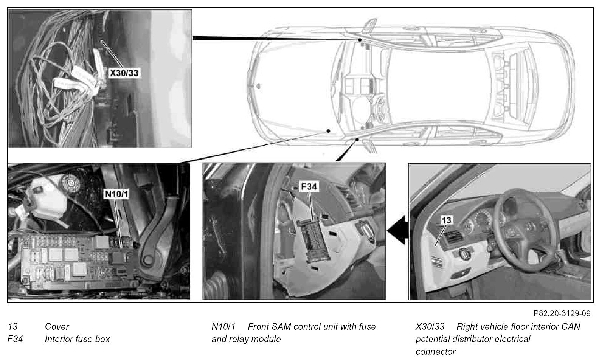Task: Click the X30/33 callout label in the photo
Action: click(x=124, y=73)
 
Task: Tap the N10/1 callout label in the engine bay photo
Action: click(x=116, y=194)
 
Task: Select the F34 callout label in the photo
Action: click(x=309, y=186)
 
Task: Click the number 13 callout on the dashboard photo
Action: click(x=446, y=220)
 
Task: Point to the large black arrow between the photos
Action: click(x=397, y=230)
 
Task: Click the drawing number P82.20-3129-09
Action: click(x=562, y=313)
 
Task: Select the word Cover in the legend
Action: click(x=57, y=327)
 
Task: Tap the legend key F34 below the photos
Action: click(x=15, y=339)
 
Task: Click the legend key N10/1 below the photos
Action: click(x=223, y=327)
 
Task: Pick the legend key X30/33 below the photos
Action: click(x=430, y=327)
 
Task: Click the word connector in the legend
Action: click(x=435, y=352)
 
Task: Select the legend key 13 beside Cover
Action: click(x=12, y=327)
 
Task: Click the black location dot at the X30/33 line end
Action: click(x=360, y=40)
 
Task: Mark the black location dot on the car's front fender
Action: click(x=329, y=131)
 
